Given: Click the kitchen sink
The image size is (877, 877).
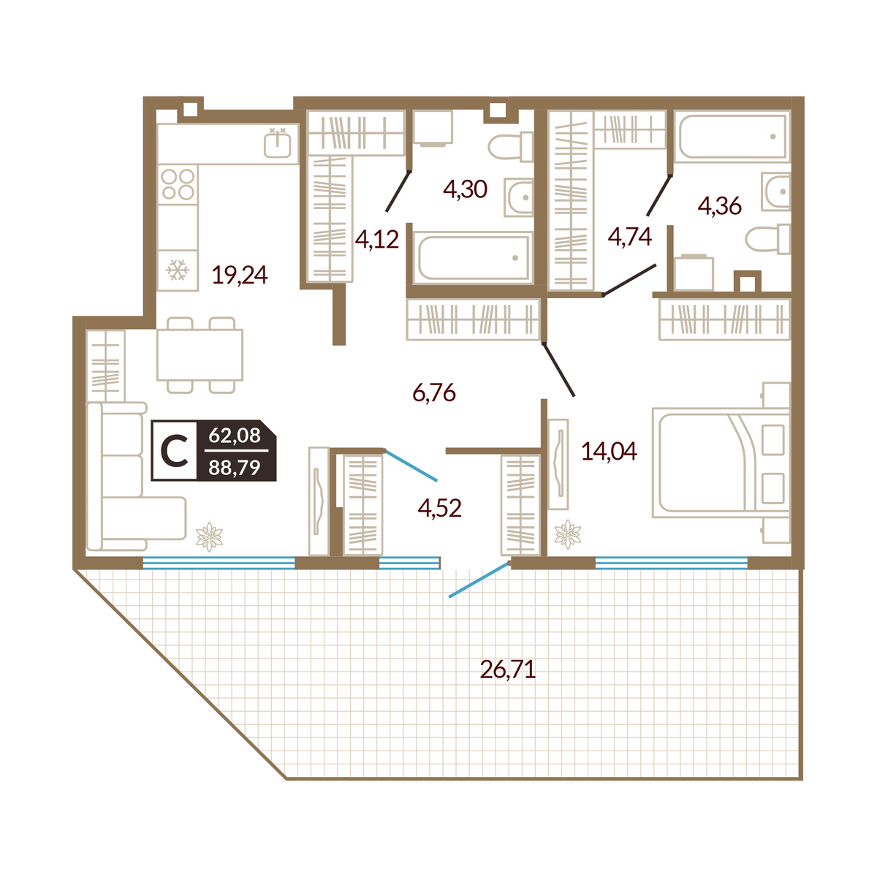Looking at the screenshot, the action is (277, 143).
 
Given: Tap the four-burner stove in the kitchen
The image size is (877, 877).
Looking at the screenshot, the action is (178, 184).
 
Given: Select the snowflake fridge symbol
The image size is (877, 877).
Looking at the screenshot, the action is (178, 270).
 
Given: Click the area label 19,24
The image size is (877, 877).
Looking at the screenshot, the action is (240, 275).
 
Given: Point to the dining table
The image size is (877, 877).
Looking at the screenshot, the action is (200, 355).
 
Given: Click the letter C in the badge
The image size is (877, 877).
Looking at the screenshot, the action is (175, 450).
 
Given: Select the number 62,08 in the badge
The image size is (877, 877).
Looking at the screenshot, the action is (235, 435).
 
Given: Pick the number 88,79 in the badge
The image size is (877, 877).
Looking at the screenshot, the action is (235, 468).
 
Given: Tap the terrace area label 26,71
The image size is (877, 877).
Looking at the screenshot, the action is (508, 669).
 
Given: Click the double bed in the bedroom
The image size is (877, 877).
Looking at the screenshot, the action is (721, 463).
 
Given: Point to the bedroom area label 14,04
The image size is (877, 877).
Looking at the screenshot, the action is (609, 452).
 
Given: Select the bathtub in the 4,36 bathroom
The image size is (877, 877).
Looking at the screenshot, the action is (732, 136).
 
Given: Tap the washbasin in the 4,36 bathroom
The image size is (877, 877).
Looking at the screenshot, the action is (776, 191).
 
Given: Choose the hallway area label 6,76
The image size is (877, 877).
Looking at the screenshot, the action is (434, 392).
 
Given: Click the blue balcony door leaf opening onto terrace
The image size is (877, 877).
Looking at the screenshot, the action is (479, 580).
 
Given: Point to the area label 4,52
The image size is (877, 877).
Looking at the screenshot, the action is (440, 508).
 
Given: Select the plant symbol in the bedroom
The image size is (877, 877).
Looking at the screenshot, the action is (568, 534).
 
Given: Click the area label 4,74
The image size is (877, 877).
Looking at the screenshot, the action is (630, 237).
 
